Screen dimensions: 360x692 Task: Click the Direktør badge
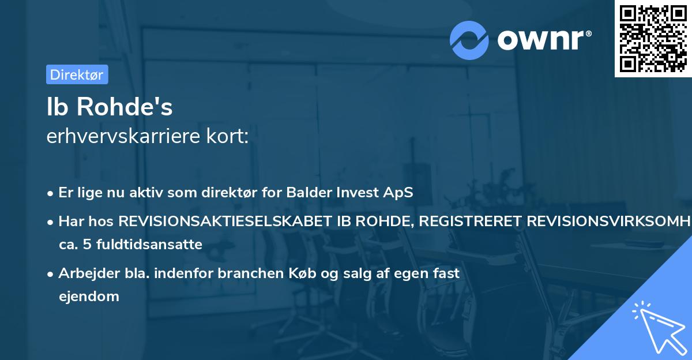coord(77,74)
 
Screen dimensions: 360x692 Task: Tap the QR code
coord(653,39)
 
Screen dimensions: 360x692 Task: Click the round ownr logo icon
coord(469,40)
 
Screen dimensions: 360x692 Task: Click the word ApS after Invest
coord(398,193)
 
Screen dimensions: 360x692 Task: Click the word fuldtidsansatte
coord(146,245)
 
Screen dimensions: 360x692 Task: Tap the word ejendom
coord(89,297)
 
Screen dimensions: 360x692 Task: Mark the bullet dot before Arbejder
coord(51,274)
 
